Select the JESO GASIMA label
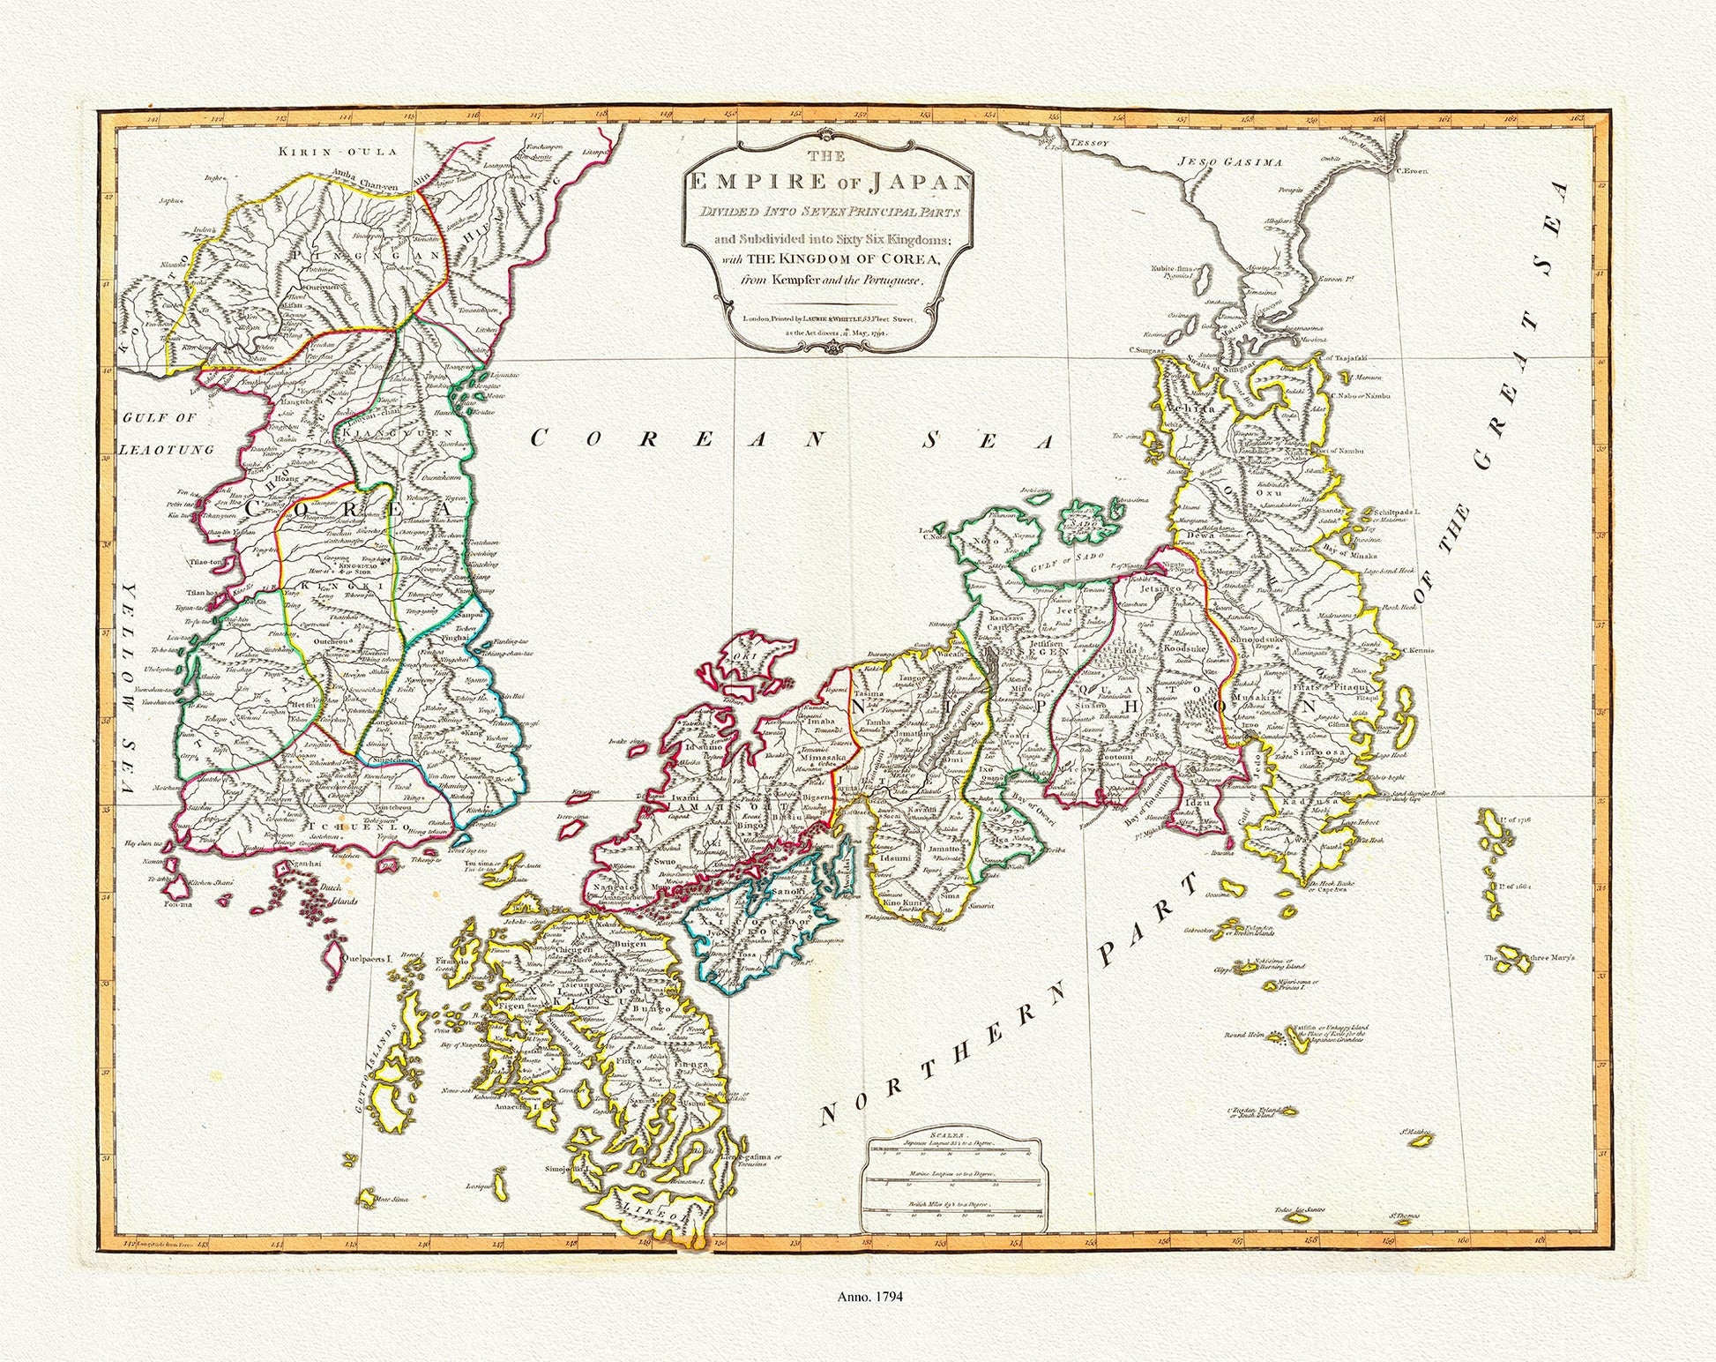(x=1230, y=162)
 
